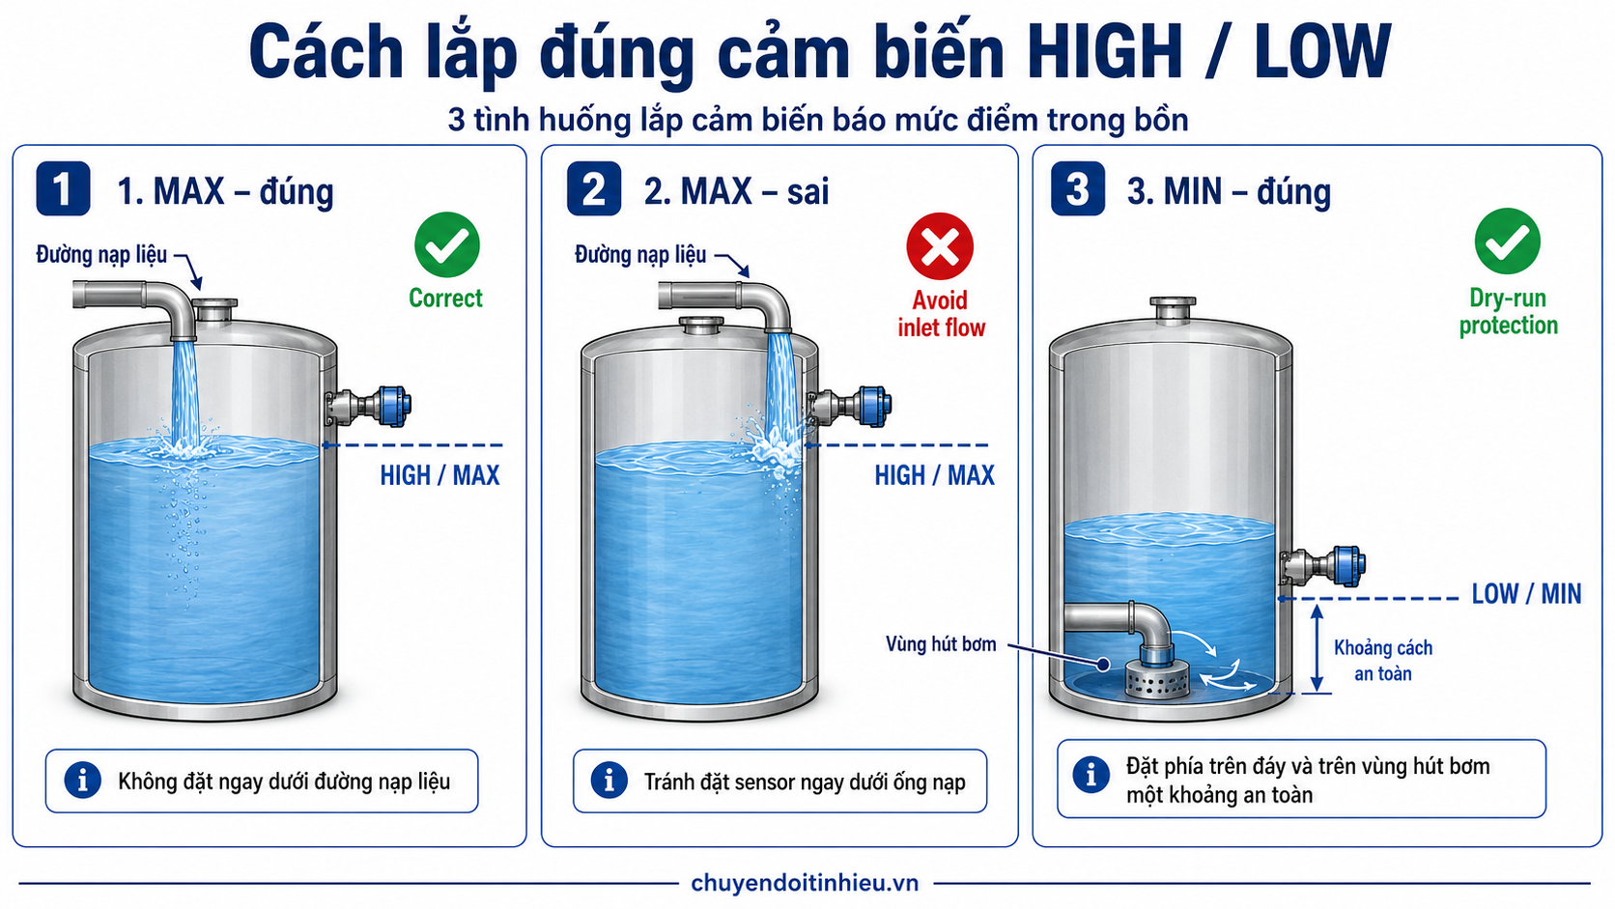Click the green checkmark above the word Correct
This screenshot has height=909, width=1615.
[x=447, y=245]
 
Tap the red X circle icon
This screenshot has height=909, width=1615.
[x=940, y=245]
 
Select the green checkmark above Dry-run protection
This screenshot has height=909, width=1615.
[x=1508, y=241]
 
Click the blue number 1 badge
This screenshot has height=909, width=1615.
[x=64, y=189]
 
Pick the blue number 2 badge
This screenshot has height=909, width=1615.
[x=594, y=189]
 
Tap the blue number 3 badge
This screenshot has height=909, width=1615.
[x=1078, y=189]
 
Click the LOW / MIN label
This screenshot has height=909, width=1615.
[x=1526, y=594]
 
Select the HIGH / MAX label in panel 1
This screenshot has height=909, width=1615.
[x=439, y=476]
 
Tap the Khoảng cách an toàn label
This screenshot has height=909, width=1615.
[x=1383, y=661]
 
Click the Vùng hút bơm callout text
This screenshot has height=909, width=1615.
[x=941, y=643]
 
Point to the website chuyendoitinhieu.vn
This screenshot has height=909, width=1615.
[x=805, y=883]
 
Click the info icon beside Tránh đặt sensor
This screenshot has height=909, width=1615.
[x=609, y=781]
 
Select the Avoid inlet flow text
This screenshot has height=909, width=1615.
[x=941, y=314]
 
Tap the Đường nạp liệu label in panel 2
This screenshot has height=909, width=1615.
[x=640, y=254]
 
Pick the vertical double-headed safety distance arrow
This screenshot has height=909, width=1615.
[x=1317, y=648]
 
